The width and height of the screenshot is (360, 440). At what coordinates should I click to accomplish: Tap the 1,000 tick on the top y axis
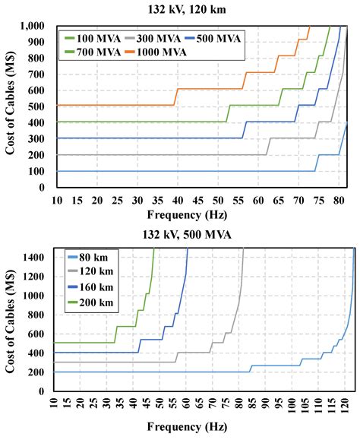coord(36,26)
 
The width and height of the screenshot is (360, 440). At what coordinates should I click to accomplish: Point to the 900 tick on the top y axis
coord(39,42)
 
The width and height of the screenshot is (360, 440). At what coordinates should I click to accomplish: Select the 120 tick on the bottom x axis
coord(344,405)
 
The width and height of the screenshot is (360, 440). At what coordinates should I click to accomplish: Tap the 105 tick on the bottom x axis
coord(304,405)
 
